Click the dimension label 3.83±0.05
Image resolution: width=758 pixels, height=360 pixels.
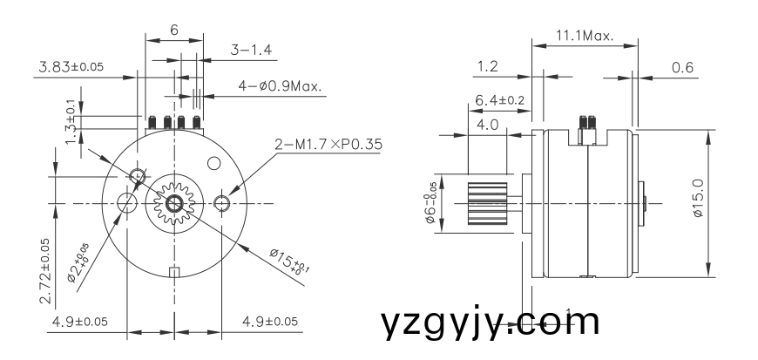click(69, 66)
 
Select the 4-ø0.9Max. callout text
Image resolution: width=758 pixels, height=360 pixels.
click(280, 86)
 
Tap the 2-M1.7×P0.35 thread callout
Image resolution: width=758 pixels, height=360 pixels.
click(328, 145)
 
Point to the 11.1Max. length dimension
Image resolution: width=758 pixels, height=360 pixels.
click(584, 37)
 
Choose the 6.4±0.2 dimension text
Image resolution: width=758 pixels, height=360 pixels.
click(499, 101)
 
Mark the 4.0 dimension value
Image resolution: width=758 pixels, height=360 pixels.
click(488, 125)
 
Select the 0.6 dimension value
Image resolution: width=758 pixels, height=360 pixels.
click(683, 67)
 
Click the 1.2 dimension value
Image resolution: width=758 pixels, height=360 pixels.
click(488, 67)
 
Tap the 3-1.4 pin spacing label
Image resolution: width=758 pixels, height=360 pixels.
click(252, 51)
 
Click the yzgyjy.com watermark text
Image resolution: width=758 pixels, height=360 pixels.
click(491, 323)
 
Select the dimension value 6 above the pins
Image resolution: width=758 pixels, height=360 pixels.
click(174, 30)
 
